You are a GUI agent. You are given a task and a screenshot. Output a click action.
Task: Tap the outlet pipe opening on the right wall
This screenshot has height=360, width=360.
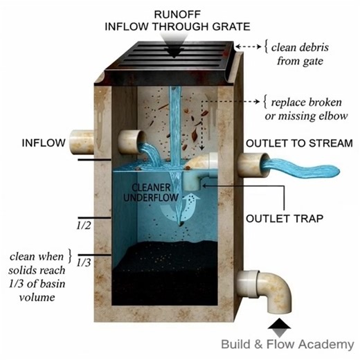coord(248,164)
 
